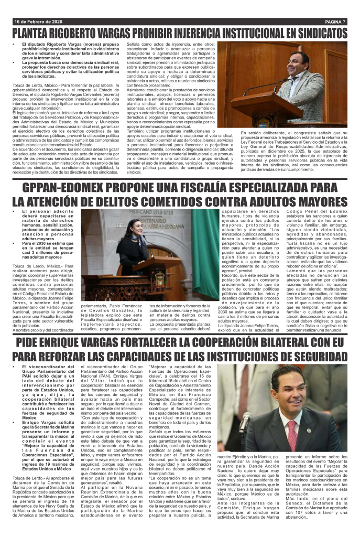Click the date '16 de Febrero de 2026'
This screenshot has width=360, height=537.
click(36, 22)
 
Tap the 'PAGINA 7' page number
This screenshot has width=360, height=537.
click(335, 22)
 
